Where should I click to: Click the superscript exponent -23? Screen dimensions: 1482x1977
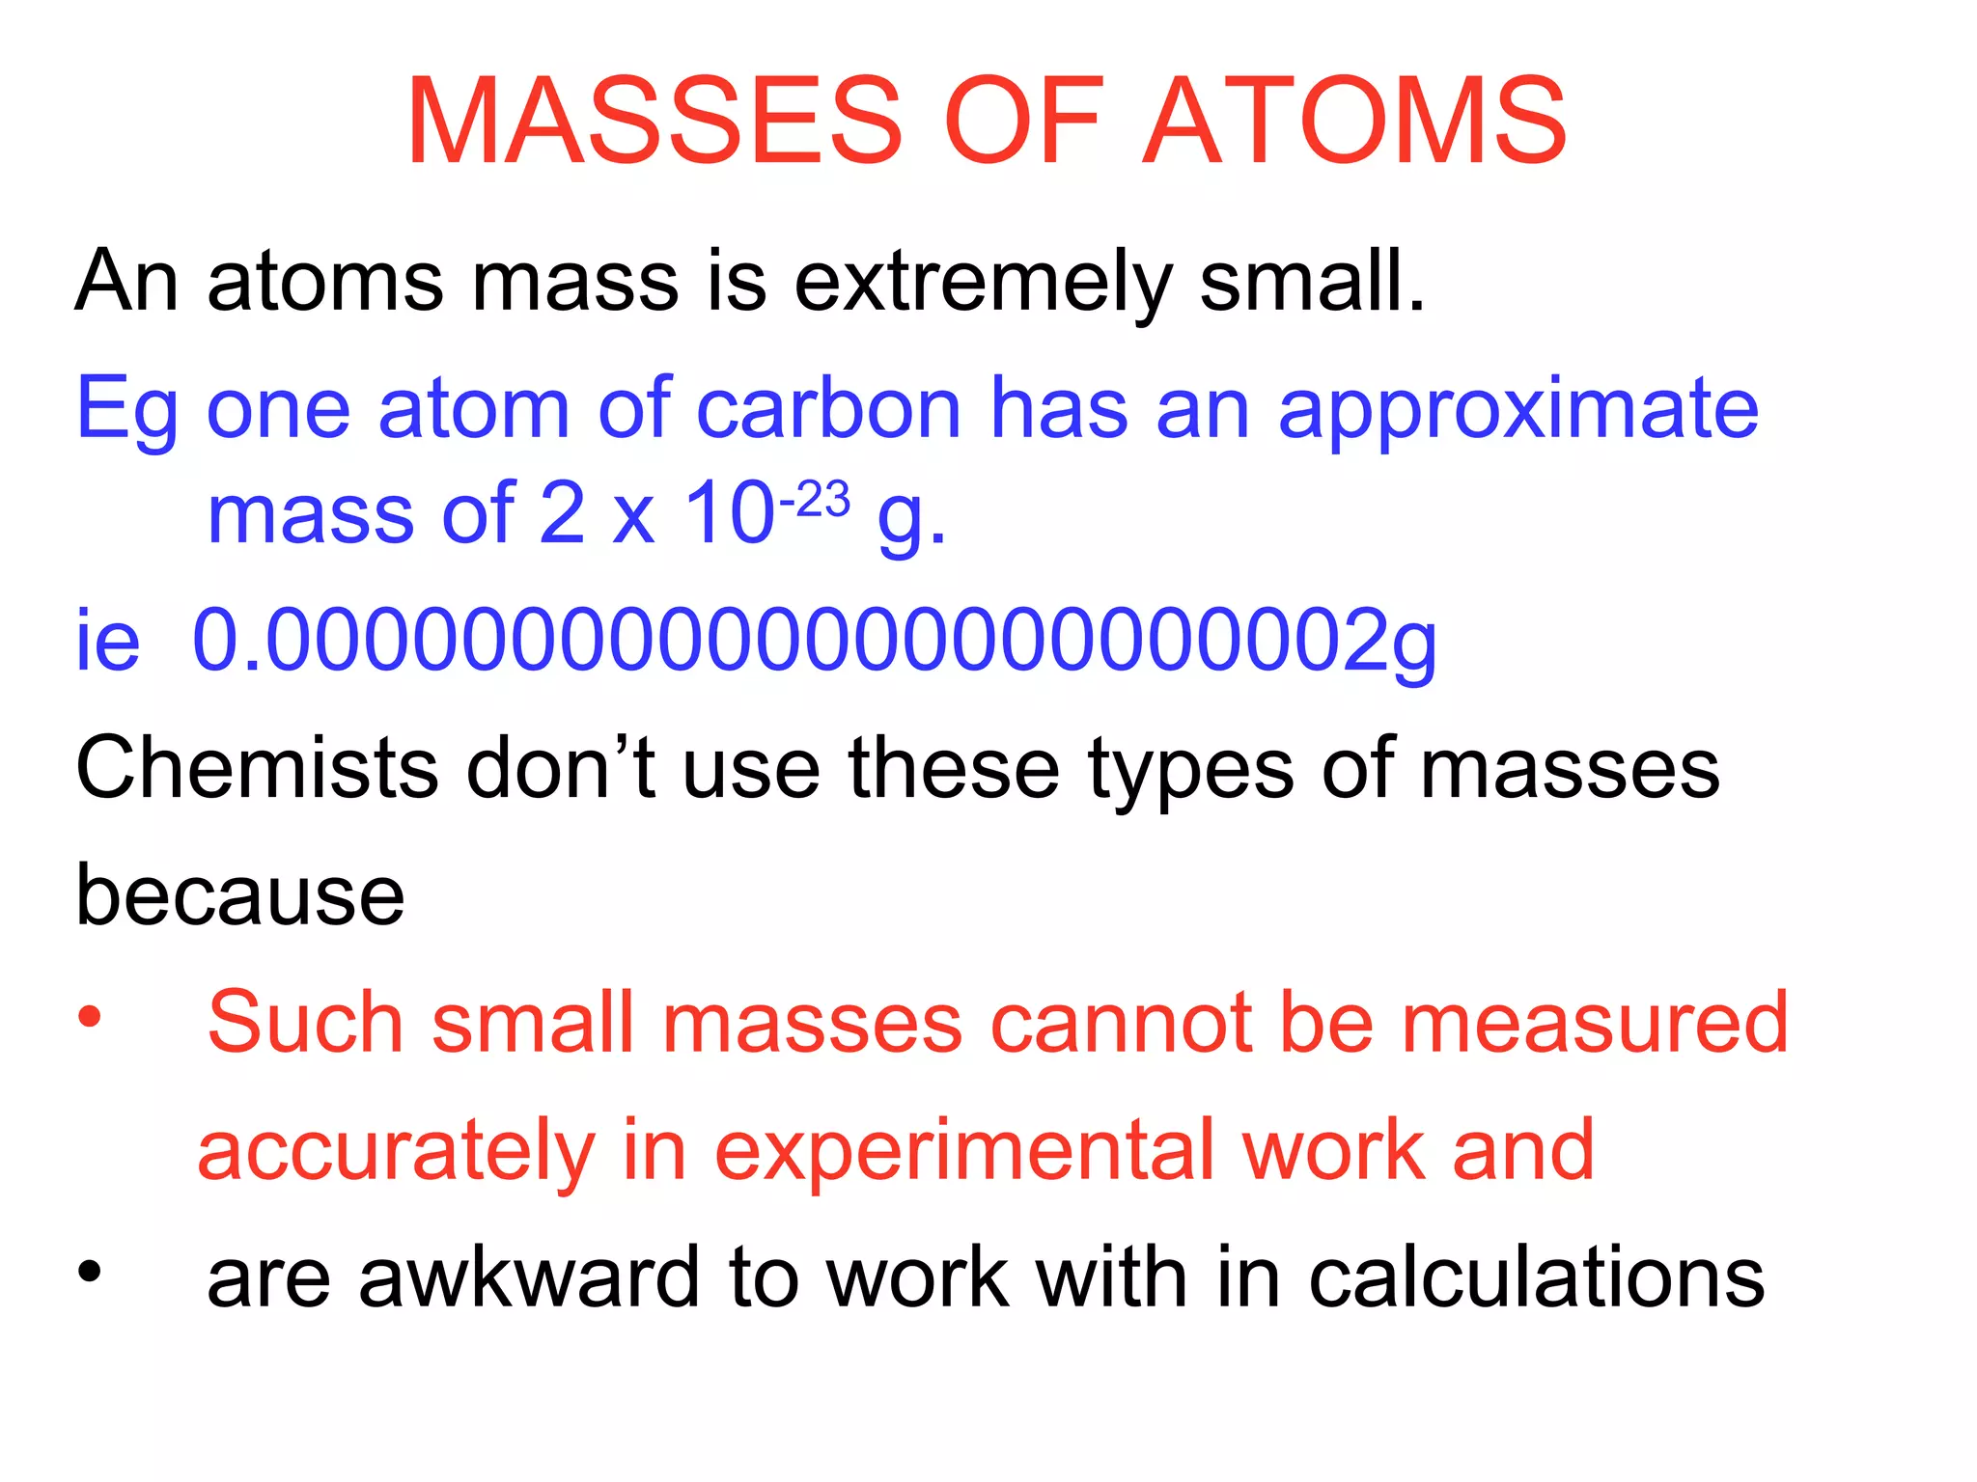click(x=814, y=500)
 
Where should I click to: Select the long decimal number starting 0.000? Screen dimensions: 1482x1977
click(x=815, y=639)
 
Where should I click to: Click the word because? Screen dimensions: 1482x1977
click(x=239, y=894)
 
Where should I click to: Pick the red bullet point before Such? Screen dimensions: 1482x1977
click(x=89, y=1017)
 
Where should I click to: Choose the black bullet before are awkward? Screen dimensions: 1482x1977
click(x=89, y=1272)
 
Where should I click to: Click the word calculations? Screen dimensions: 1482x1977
click(x=1536, y=1277)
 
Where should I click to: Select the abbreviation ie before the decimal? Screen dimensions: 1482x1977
click(x=108, y=641)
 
